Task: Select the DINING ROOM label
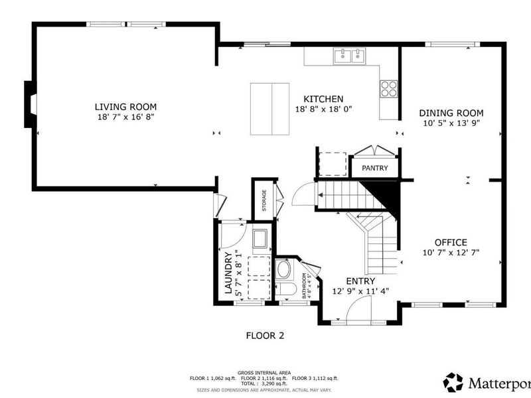451,113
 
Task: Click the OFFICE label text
451,242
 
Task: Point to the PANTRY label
374,168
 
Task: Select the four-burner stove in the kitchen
388,88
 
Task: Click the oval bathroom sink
284,269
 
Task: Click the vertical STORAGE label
264,200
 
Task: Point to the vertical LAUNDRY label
229,273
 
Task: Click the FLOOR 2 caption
265,336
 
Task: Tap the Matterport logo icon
453,382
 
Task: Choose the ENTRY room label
360,281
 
